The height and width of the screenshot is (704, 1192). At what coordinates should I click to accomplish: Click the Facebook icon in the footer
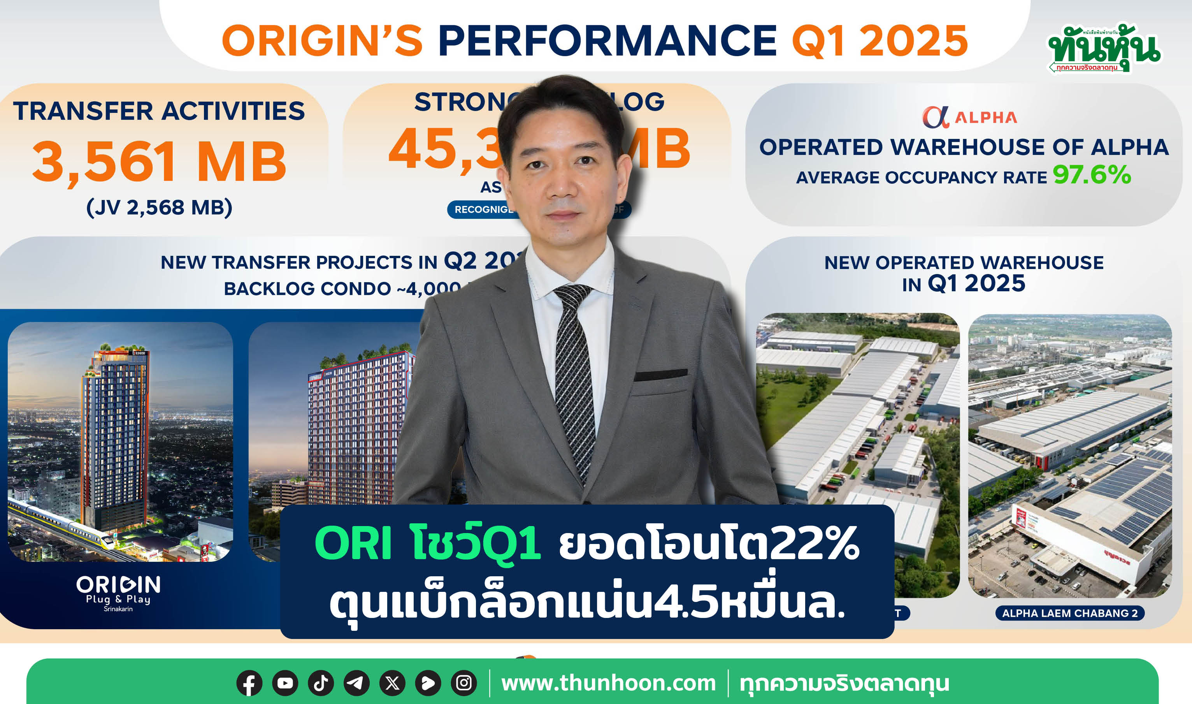(249, 683)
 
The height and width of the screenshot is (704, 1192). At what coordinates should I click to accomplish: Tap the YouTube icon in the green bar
(285, 683)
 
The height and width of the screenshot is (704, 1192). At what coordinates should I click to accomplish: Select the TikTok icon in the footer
(321, 683)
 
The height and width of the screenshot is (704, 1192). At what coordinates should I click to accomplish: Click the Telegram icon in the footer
(356, 683)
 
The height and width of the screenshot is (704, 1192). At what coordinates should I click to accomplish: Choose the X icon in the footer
(393, 683)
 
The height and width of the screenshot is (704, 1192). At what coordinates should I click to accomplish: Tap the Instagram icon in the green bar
(464, 683)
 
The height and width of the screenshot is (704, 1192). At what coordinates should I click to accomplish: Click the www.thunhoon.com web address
(608, 683)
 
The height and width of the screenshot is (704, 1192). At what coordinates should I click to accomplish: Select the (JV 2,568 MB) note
(159, 207)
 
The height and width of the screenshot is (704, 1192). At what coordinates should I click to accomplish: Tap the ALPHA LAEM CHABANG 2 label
(1070, 613)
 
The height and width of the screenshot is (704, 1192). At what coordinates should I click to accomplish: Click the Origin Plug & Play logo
(119, 592)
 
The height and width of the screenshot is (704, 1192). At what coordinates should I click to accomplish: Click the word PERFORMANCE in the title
(607, 41)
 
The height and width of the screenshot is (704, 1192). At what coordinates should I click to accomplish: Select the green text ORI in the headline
(353, 544)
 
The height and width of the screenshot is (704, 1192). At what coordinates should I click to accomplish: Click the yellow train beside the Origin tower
(71, 524)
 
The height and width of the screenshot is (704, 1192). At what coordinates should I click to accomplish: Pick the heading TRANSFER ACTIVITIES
(159, 111)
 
